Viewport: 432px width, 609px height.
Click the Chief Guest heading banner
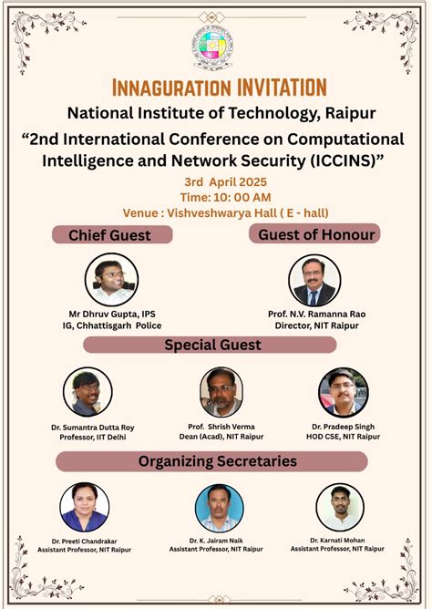(109, 235)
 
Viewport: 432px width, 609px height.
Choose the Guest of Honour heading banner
(315, 234)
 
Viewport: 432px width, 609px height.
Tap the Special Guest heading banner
(211, 345)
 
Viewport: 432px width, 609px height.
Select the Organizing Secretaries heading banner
(217, 461)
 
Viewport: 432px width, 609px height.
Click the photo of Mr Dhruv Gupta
(111, 279)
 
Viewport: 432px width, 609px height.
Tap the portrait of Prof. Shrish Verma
(221, 393)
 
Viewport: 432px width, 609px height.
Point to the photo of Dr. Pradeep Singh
(344, 393)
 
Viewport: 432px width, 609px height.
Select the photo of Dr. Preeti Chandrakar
(85, 507)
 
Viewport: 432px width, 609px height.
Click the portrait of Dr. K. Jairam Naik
(220, 507)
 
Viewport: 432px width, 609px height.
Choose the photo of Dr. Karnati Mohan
(340, 507)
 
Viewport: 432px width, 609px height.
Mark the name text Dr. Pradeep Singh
(343, 426)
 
